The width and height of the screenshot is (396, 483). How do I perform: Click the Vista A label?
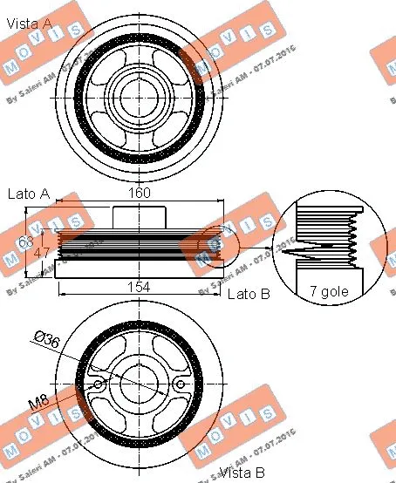28,24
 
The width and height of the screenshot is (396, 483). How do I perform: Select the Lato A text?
28,194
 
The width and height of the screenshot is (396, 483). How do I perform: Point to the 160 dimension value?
140,193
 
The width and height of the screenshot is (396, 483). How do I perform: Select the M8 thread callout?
38,402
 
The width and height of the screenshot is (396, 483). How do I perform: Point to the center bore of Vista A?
140,90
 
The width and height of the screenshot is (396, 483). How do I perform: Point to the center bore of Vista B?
140,382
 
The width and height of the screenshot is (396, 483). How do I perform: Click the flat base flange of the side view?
140,267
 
